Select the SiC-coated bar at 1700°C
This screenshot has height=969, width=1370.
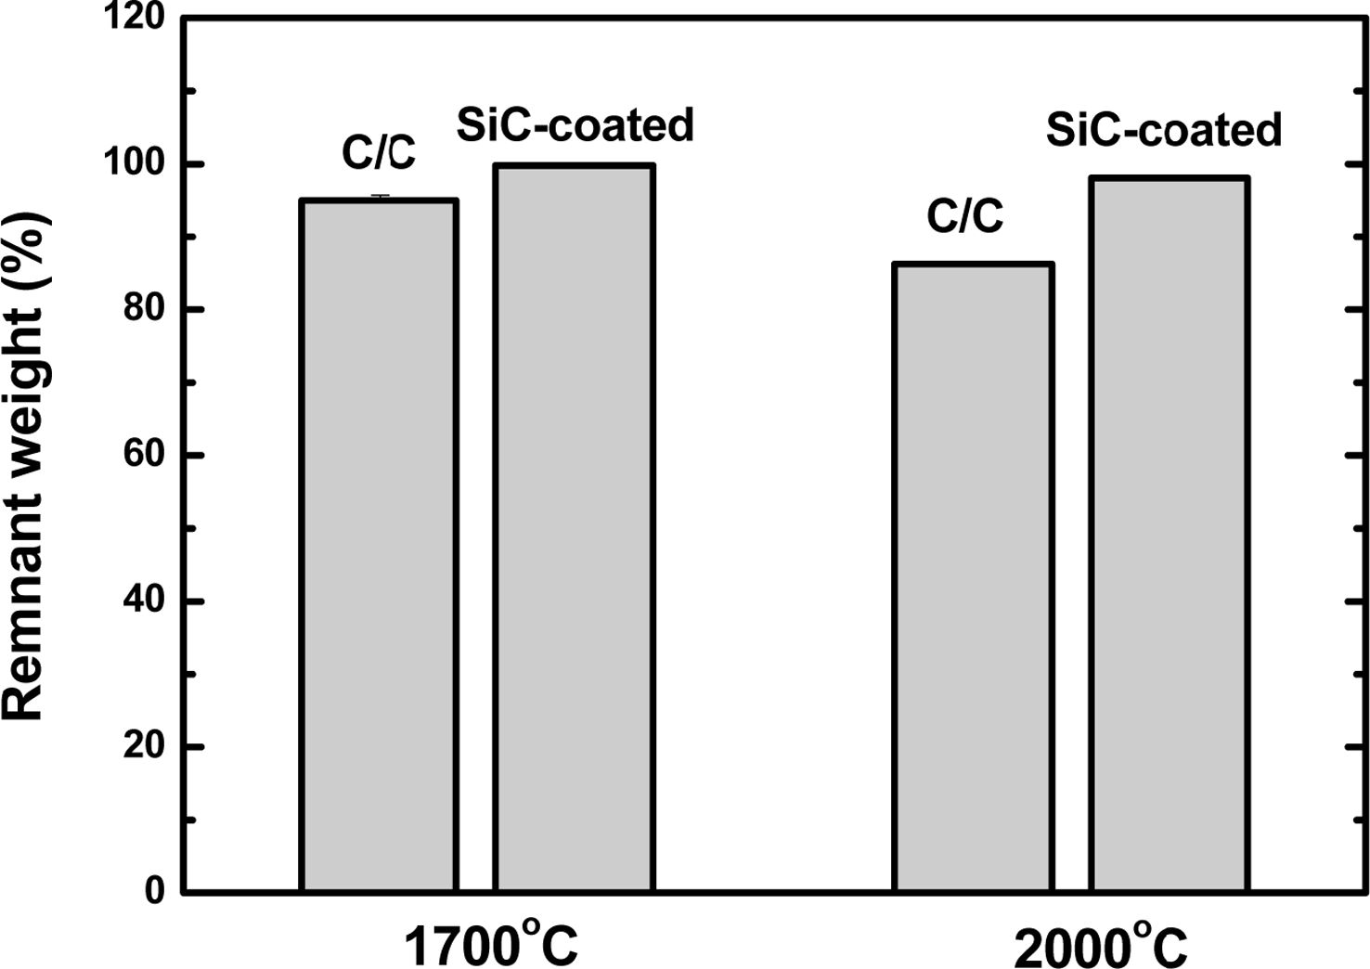574,528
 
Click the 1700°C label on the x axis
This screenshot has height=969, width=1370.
491,946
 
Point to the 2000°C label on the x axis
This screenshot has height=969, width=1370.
1101,948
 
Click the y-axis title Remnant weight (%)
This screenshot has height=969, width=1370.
25,464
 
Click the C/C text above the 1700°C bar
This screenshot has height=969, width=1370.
379,153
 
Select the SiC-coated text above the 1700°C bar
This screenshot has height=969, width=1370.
575,125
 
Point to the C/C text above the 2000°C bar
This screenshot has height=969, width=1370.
965,216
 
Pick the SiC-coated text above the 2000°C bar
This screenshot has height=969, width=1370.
1164,130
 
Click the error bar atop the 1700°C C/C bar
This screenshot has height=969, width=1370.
379,197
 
